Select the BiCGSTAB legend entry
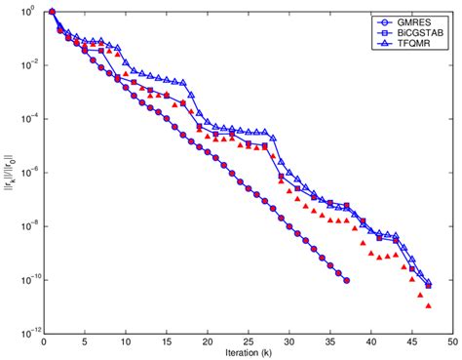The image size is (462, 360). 418,32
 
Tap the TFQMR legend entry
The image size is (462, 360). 414,44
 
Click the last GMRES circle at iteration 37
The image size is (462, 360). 347,280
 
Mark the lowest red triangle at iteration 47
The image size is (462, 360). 429,304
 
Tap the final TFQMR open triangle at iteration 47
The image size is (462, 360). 429,284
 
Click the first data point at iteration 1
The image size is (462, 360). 52,12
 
